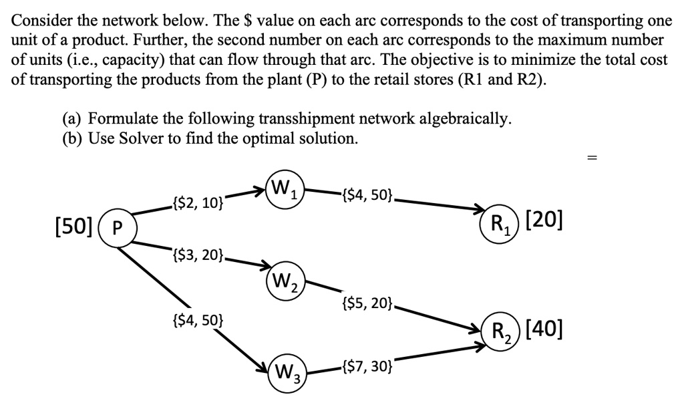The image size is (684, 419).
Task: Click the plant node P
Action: [117, 226]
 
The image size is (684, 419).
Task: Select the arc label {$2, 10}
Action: [198, 202]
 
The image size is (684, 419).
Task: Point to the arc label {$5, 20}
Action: [370, 304]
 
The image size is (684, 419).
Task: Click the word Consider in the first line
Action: [39, 21]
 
